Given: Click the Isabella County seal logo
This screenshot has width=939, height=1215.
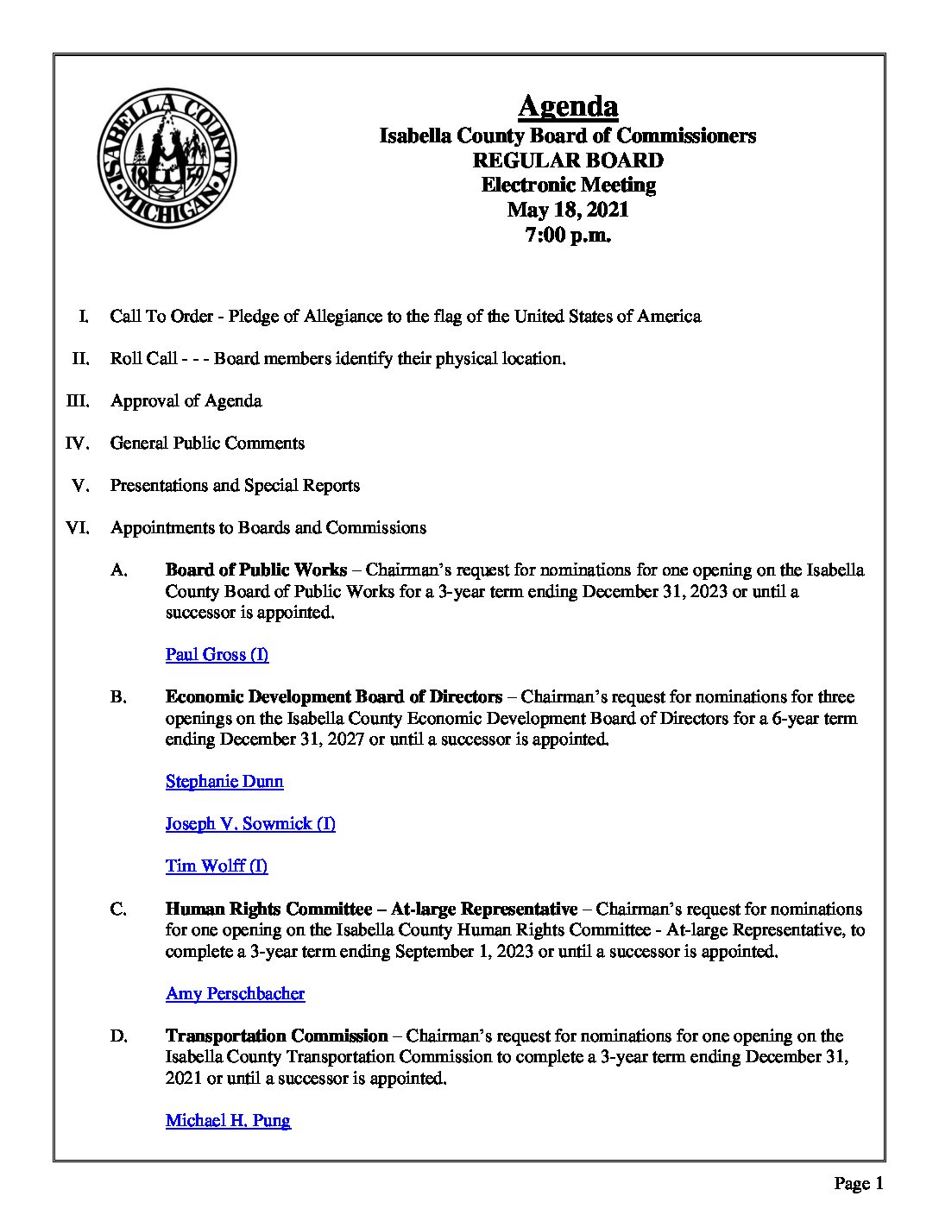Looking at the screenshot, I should [167, 158].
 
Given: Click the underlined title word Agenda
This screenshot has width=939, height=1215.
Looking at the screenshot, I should [568, 106].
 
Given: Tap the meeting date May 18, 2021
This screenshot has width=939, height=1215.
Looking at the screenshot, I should [568, 210].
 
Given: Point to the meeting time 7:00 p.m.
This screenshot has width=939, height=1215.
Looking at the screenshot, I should [568, 235].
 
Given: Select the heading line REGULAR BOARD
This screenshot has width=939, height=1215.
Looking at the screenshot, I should [568, 161].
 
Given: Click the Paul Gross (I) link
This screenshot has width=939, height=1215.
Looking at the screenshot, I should [217, 655].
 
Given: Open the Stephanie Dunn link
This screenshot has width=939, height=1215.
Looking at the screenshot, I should [224, 782].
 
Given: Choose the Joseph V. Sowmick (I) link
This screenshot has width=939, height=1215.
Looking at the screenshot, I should [250, 824].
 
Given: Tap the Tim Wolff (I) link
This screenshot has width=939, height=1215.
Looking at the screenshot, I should [217, 866].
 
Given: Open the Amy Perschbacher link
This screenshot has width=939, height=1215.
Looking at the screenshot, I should [235, 994].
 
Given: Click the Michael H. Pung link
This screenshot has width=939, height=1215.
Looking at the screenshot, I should [228, 1121].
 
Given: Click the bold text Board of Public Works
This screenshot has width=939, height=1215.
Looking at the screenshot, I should [255, 570].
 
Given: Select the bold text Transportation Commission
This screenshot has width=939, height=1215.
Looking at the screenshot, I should [276, 1036].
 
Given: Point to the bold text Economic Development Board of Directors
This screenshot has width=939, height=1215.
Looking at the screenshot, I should [333, 697].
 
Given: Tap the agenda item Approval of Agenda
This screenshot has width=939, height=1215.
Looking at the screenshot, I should [186, 401].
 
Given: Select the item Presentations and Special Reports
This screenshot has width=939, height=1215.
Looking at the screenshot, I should [235, 486].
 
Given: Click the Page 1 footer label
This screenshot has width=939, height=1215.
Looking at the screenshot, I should [858, 1184].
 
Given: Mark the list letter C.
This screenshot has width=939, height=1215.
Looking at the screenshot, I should [118, 910].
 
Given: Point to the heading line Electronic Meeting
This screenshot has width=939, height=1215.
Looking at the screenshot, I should [568, 185].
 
